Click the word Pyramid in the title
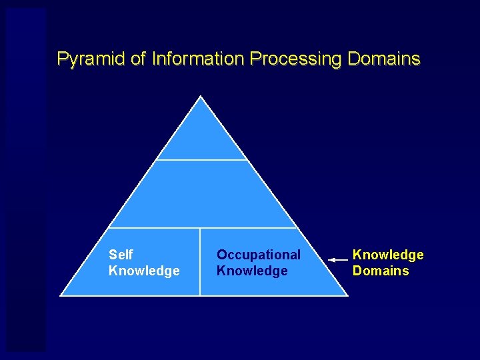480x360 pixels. [91, 59]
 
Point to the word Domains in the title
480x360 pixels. [384, 59]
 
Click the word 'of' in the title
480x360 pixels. [138, 59]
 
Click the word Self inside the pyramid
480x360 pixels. [121, 255]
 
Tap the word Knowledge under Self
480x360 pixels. [144, 271]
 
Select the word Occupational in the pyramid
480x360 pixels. [259, 255]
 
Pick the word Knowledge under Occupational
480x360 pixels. [252, 271]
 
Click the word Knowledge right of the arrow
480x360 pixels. [388, 255]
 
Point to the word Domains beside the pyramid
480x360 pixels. [381, 271]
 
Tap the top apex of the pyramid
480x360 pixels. [201, 97]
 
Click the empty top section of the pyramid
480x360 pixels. [201, 137]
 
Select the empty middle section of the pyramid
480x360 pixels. [201, 195]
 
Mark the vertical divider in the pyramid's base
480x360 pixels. [200, 261]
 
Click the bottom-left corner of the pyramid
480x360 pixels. [61, 295]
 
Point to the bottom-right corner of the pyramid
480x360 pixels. [346, 295]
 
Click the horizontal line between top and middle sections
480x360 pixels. [201, 160]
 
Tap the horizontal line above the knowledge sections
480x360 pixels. [201, 228]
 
